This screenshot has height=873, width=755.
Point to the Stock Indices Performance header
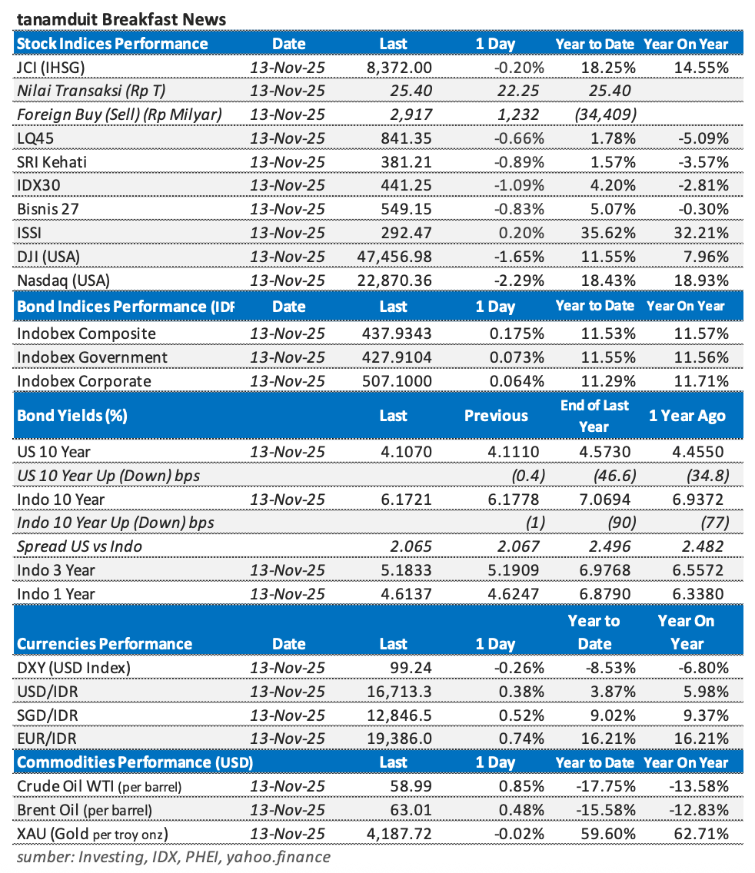(x=112, y=44)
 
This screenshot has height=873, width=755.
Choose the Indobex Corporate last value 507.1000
(x=397, y=381)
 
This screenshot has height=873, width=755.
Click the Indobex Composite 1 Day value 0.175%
(x=517, y=334)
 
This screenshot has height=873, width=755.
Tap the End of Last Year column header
(x=594, y=416)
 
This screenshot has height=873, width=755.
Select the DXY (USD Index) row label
(x=74, y=668)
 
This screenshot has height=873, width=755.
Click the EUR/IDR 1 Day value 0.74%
(x=523, y=739)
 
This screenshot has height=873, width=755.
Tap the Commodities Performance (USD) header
(x=135, y=762)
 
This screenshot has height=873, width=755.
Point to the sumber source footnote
(x=173, y=856)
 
